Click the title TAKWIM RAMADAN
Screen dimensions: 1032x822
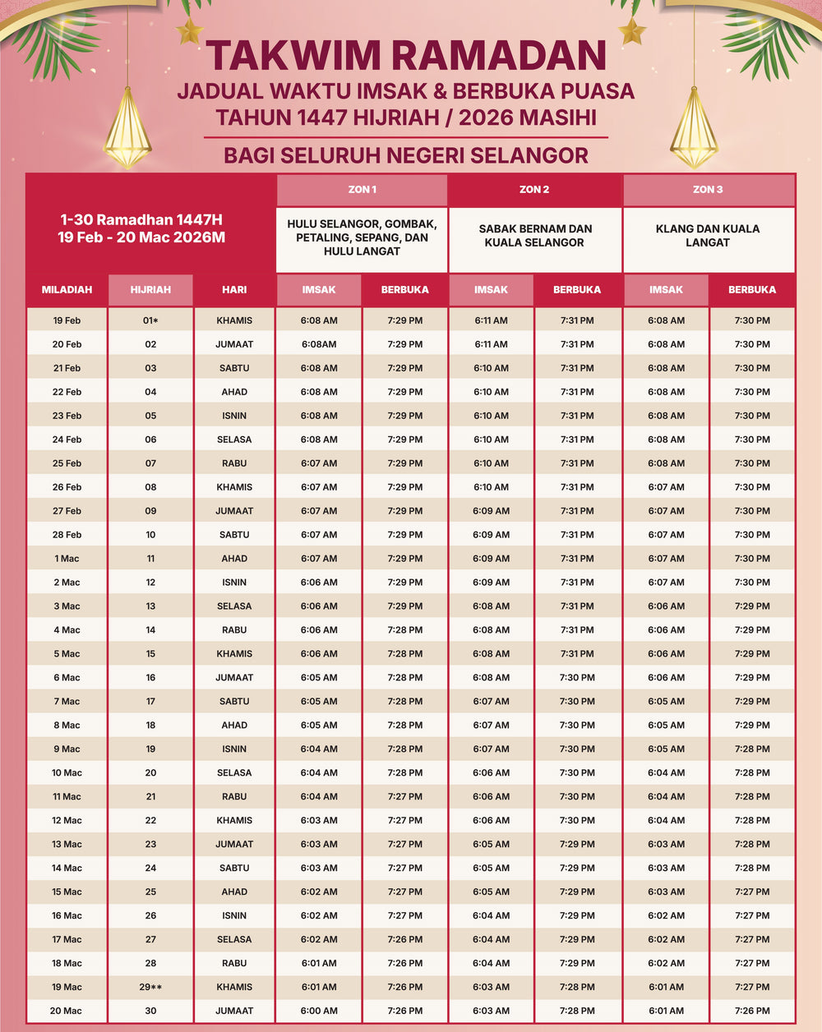(x=405, y=56)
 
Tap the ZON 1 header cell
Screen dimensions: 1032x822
(x=362, y=190)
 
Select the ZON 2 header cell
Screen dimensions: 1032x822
(x=534, y=190)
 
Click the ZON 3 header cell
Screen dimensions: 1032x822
(x=708, y=190)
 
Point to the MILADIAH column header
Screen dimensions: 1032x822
(x=67, y=289)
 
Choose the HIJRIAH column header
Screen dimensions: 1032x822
(x=150, y=289)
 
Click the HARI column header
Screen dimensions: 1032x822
(x=234, y=289)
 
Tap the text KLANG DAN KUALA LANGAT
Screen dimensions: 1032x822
(x=708, y=236)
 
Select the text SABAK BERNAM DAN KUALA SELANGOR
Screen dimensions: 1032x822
(x=534, y=236)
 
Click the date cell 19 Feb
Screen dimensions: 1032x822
(x=67, y=320)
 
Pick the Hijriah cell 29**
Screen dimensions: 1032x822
(x=150, y=987)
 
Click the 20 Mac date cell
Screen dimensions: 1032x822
(x=67, y=1011)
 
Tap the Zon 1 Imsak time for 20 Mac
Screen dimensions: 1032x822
(x=319, y=1011)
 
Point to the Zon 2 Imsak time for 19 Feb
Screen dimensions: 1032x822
(x=491, y=320)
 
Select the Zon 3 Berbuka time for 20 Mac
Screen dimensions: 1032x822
(x=751, y=1011)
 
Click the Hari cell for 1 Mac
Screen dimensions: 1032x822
(x=234, y=559)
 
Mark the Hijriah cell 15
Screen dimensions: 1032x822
(x=150, y=654)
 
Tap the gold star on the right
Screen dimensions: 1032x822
(x=632, y=31)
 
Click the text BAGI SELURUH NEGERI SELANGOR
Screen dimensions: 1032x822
(x=405, y=155)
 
